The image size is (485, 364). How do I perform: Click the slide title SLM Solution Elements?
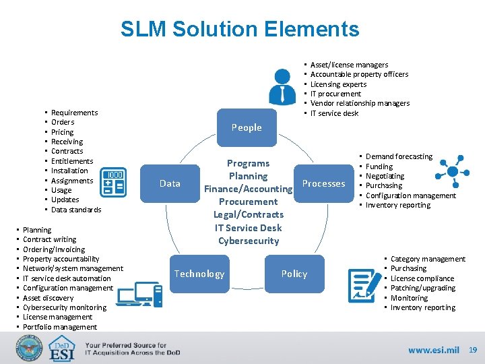pyautogui.click(x=240, y=29)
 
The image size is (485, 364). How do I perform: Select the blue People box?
pyautogui.click(x=247, y=127)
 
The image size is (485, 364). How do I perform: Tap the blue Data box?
pyautogui.click(x=170, y=183)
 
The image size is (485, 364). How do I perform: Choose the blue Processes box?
pyautogui.click(x=323, y=183)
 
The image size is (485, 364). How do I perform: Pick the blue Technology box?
pyautogui.click(x=199, y=274)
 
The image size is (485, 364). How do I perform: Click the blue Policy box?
pyautogui.click(x=294, y=274)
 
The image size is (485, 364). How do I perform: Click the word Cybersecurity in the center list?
pyautogui.click(x=248, y=241)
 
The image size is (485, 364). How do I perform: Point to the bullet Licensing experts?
pyautogui.click(x=338, y=84)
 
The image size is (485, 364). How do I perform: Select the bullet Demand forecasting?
pyautogui.click(x=399, y=156)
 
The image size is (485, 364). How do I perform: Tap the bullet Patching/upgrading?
pyautogui.click(x=423, y=288)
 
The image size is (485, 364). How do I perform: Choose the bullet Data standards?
pyautogui.click(x=76, y=210)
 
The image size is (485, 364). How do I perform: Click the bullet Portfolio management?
pyautogui.click(x=60, y=327)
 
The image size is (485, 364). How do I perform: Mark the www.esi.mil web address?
pyautogui.click(x=433, y=350)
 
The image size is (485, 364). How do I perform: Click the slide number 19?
pyautogui.click(x=472, y=350)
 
